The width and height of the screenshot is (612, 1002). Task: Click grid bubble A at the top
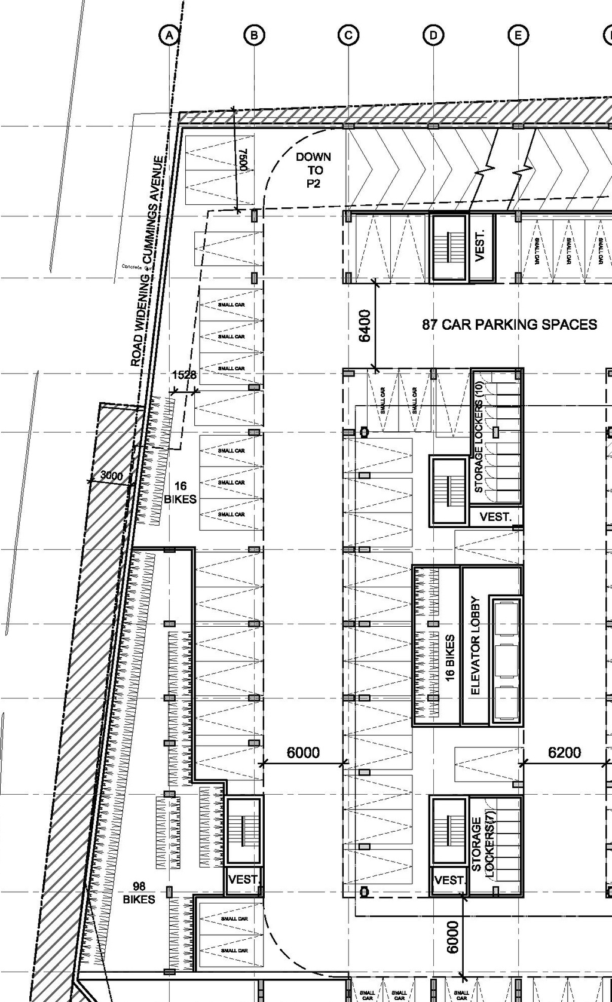170,35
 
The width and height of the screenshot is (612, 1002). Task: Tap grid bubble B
255,35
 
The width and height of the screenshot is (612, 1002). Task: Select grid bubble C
348,35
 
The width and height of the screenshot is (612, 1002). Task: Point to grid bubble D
433,35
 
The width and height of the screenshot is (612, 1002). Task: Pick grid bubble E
518,35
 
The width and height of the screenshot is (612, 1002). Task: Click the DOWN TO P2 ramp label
313,170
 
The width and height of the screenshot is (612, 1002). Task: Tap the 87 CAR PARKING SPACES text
509,324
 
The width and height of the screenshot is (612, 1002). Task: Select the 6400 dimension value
365,326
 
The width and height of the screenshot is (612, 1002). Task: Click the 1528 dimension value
184,375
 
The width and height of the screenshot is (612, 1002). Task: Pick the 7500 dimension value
244,160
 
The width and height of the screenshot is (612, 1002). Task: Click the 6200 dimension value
564,753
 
